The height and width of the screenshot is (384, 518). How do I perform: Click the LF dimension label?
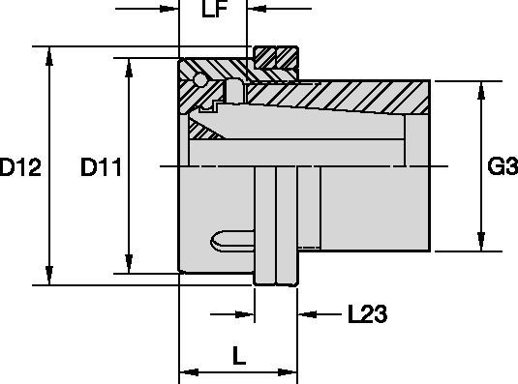tap(214, 10)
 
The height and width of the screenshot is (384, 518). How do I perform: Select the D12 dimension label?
tap(20, 167)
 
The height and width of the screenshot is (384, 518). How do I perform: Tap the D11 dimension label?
tap(101, 167)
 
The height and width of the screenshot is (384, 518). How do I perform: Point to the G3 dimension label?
tap(503, 166)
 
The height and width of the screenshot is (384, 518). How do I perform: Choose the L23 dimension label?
tap(367, 313)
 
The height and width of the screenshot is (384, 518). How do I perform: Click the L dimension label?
tap(239, 355)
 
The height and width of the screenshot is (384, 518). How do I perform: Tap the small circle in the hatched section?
tap(199, 80)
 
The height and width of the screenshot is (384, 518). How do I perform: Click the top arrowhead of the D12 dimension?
tap(49, 56)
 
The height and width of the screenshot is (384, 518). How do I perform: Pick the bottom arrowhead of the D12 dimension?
tap(49, 276)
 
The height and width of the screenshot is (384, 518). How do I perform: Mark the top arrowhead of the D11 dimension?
tap(129, 68)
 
